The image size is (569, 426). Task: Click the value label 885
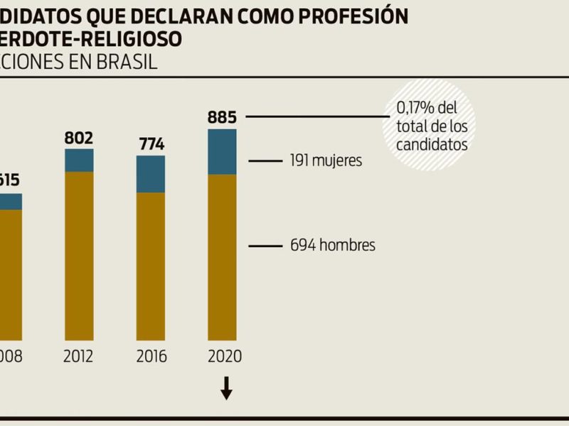222,116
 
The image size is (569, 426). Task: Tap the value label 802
79,137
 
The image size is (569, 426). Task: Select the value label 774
151,144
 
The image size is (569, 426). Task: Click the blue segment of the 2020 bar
222,151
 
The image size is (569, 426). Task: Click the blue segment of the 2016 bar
151,174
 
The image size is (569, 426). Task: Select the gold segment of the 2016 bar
151,266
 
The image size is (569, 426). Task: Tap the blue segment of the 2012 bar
79,160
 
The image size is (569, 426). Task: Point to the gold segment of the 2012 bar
79,256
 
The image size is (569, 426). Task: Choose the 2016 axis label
151,356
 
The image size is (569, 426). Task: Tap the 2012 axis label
78,356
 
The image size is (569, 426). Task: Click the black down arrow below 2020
226,388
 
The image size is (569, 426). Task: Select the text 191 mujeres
326,161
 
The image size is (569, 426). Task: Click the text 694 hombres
332,246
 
